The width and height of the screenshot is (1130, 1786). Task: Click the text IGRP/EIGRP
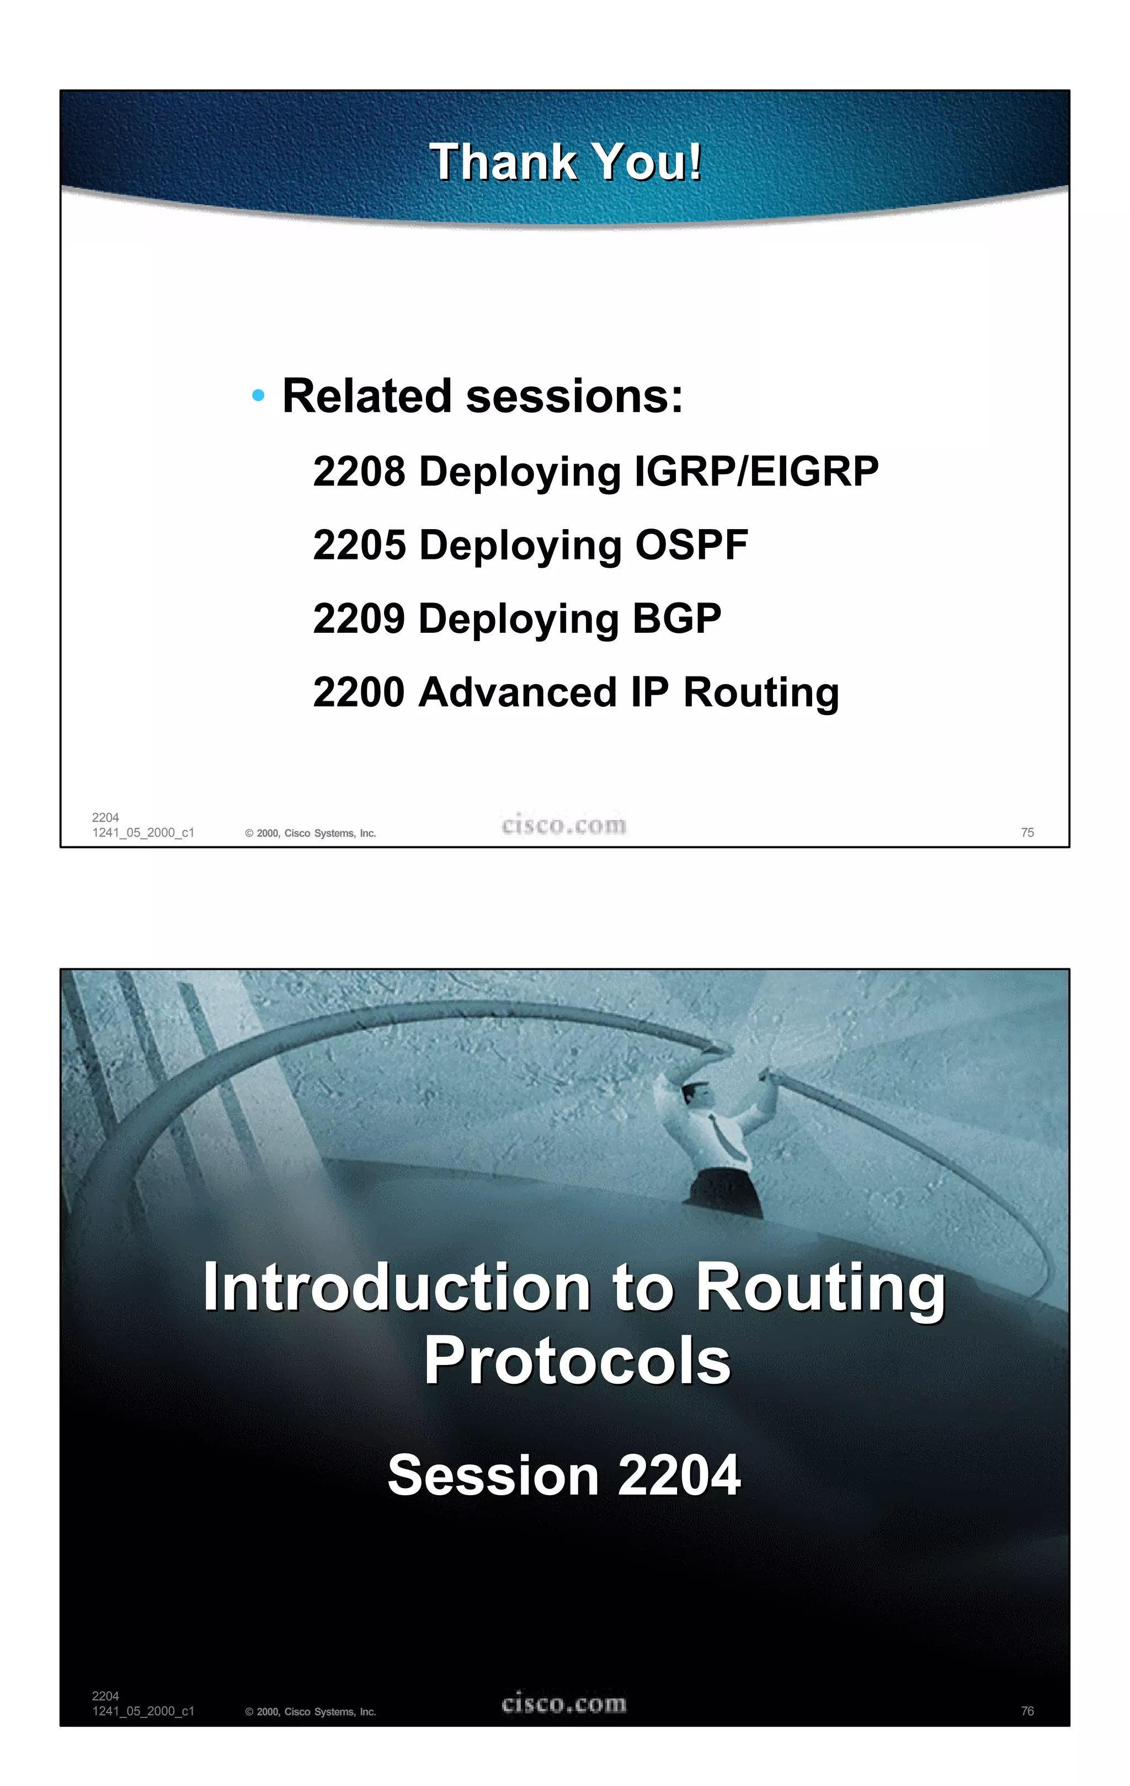(x=756, y=471)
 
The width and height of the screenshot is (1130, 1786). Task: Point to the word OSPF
(x=691, y=545)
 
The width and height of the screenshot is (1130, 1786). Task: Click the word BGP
(x=676, y=619)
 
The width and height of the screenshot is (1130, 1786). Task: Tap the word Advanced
(x=518, y=692)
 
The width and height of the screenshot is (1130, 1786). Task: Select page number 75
(x=1027, y=832)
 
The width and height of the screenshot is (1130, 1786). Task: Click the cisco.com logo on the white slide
(x=564, y=825)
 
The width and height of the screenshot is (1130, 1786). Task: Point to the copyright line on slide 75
(x=311, y=833)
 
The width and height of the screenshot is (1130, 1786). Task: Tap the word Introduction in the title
(x=397, y=1288)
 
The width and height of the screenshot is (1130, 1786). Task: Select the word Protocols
(x=577, y=1361)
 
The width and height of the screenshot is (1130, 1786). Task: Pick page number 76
(x=1027, y=1710)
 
